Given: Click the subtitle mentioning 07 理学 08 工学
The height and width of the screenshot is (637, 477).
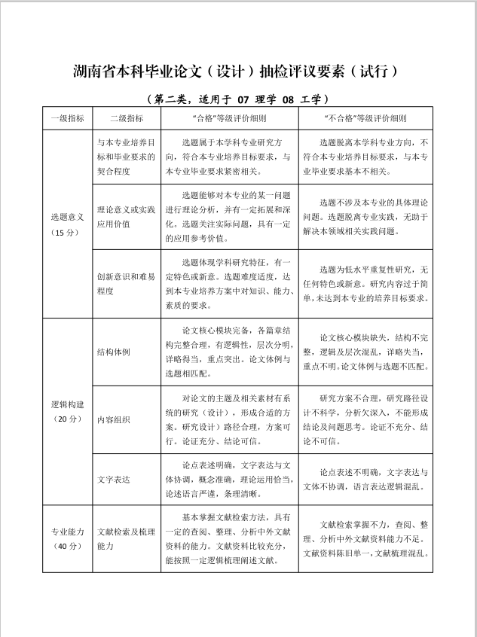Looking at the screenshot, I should pyautogui.click(x=237, y=99).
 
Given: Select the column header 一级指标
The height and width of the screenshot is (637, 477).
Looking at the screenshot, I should pyautogui.click(x=66, y=118).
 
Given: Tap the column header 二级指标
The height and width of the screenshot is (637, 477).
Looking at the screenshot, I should pyautogui.click(x=126, y=118).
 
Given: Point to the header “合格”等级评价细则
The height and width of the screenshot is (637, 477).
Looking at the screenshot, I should pyautogui.click(x=230, y=118).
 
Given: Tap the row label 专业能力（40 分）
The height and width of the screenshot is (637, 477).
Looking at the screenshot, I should pyautogui.click(x=66, y=539).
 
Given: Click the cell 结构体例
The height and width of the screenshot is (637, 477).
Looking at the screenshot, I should pyautogui.click(x=114, y=352).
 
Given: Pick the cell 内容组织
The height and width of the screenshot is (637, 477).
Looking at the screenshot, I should pyautogui.click(x=114, y=419).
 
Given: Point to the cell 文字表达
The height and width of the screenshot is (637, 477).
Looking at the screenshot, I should pyautogui.click(x=114, y=479).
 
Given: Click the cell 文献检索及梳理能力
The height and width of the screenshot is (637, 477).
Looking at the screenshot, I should pyautogui.click(x=126, y=539).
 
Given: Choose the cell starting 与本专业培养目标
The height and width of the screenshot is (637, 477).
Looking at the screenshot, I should pyautogui.click(x=126, y=157).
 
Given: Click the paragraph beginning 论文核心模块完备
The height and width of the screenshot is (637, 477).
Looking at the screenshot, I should pyautogui.click(x=230, y=352).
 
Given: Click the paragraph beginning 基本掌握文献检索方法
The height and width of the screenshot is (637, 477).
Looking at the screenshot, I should pyautogui.click(x=230, y=539).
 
